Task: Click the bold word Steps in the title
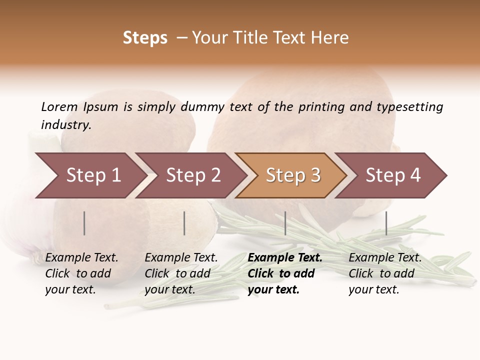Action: point(145,38)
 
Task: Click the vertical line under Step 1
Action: point(84,223)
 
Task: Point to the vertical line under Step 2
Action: point(184,223)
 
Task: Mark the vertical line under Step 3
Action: point(285,223)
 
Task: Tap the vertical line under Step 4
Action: point(386,223)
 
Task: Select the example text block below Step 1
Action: point(81,273)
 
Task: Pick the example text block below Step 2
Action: point(181,273)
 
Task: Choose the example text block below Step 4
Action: point(385,273)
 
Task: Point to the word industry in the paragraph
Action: point(66,125)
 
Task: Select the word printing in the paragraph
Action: point(322,107)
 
